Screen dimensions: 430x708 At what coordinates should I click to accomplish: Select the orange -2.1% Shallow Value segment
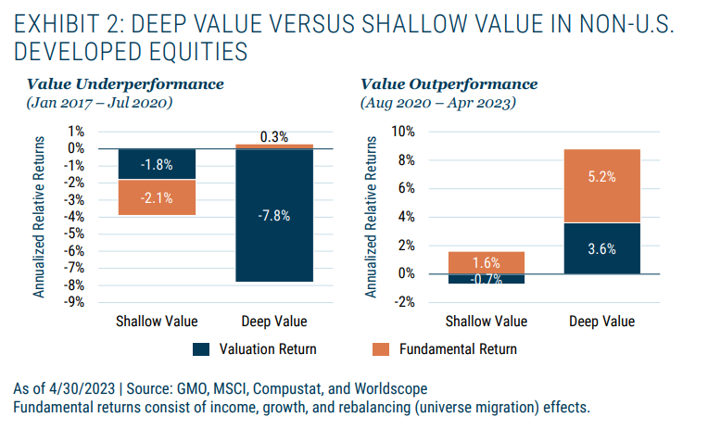tap(157, 196)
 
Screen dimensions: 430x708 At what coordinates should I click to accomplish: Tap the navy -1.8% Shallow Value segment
tap(157, 164)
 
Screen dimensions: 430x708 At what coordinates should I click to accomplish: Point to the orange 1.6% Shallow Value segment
tap(487, 262)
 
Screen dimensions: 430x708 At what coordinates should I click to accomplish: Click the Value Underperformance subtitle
tap(125, 84)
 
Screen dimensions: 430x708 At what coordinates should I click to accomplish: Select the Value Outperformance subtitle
tap(449, 84)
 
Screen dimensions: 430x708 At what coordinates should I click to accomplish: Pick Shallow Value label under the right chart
tap(487, 322)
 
